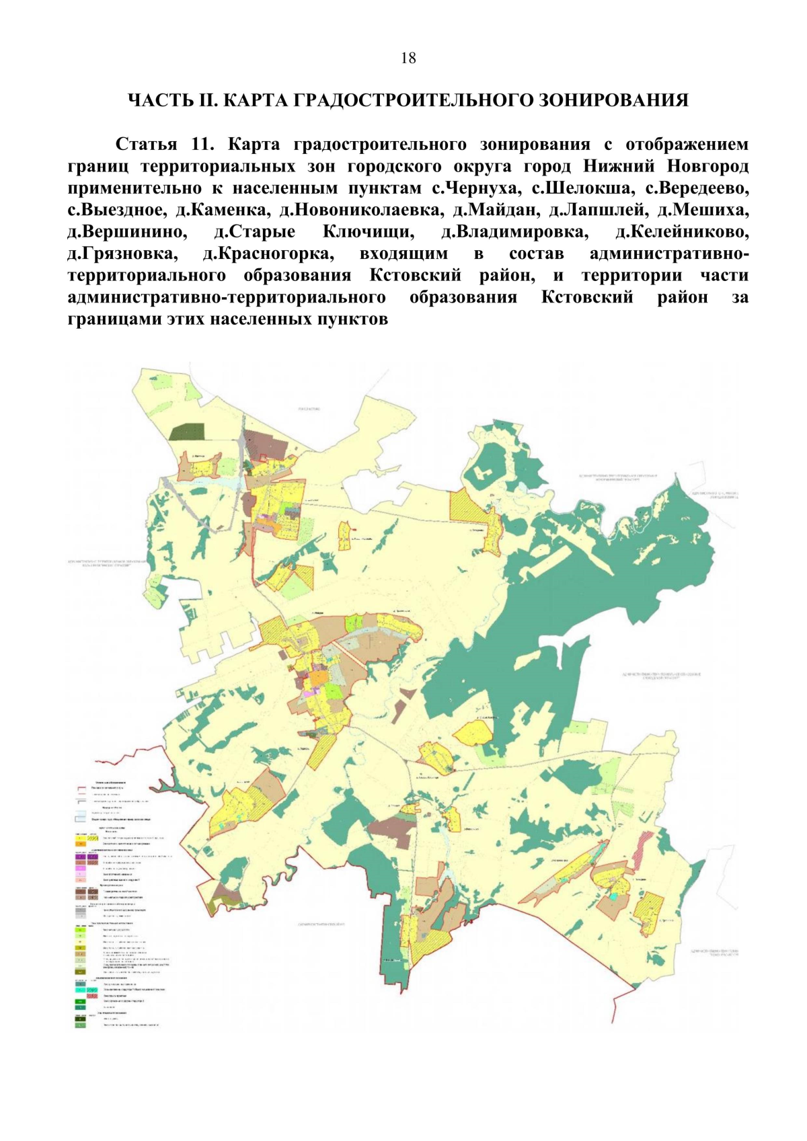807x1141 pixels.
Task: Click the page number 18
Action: click(408, 58)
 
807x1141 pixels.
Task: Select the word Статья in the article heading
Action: click(146, 145)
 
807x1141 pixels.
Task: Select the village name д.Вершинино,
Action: click(126, 232)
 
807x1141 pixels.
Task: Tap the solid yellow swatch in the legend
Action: click(81, 838)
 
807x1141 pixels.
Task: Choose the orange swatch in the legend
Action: click(81, 844)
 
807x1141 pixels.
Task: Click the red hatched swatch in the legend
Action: click(92, 996)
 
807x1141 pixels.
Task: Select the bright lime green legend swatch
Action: click(81, 930)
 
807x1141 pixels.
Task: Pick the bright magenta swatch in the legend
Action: click(81, 868)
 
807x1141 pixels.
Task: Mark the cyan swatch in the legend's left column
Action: click(81, 990)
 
